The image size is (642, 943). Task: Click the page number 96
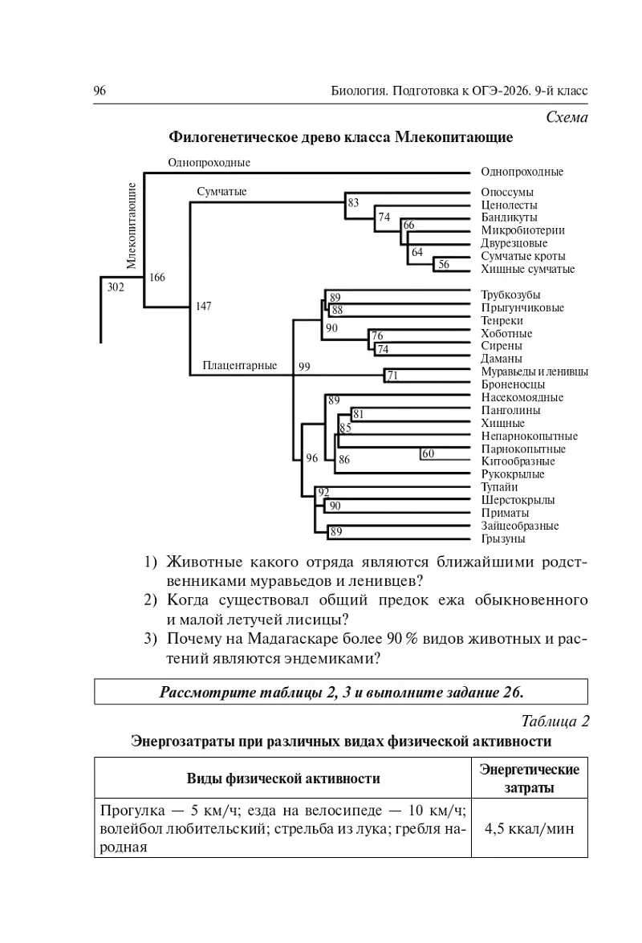[x=100, y=91]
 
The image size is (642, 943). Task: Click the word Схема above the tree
[x=567, y=117]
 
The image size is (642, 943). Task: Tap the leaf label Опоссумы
[x=506, y=193]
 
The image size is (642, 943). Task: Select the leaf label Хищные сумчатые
[x=527, y=269]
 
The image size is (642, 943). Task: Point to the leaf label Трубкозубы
[x=510, y=295]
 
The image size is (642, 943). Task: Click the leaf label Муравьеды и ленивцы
[x=534, y=372]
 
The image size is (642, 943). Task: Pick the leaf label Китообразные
[x=518, y=461]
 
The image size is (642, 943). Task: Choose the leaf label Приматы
[x=505, y=513]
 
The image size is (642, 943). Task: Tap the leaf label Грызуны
[x=503, y=539]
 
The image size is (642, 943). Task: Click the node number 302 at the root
[x=116, y=287]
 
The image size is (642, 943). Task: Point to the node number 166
[x=156, y=278]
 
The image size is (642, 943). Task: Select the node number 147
[x=205, y=306]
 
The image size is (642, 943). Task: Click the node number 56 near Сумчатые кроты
[x=444, y=264]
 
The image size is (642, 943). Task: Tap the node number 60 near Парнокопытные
[x=428, y=454]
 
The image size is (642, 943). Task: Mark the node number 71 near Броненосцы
[x=392, y=376]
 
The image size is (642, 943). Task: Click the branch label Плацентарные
[x=239, y=366]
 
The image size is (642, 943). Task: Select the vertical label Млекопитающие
[x=131, y=225]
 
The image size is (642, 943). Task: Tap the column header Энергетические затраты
[x=529, y=778]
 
